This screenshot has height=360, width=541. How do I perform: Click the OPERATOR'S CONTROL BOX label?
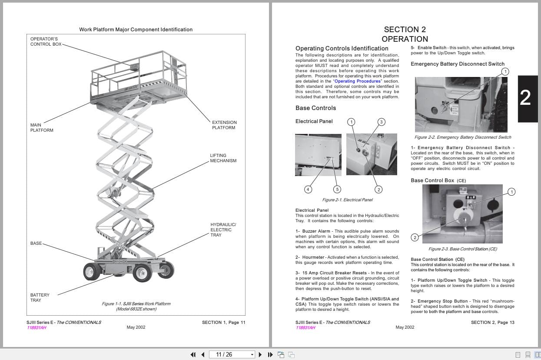click(46, 42)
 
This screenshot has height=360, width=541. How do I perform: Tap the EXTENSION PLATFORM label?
click(224, 125)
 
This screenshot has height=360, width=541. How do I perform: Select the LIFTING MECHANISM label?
click(223, 158)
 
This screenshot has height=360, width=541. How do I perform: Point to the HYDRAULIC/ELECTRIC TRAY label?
click(223, 230)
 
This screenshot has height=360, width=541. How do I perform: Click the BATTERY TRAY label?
click(40, 298)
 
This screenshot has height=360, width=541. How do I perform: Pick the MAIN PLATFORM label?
click(42, 127)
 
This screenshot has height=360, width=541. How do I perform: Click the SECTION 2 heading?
click(405, 30)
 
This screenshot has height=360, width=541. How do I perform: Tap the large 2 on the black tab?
click(525, 98)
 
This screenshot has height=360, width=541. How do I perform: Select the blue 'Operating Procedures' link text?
click(357, 81)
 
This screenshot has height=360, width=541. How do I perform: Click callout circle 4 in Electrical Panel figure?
click(308, 189)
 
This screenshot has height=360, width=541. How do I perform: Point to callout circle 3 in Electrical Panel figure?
click(381, 122)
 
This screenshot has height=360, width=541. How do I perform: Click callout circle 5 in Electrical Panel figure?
click(337, 189)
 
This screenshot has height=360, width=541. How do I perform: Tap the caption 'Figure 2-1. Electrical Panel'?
click(347, 200)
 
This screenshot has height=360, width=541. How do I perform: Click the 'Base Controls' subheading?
click(315, 108)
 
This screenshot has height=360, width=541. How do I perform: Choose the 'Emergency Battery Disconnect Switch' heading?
click(458, 64)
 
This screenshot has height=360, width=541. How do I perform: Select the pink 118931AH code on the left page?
click(37, 327)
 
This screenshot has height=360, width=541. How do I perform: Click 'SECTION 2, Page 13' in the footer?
click(492, 322)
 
